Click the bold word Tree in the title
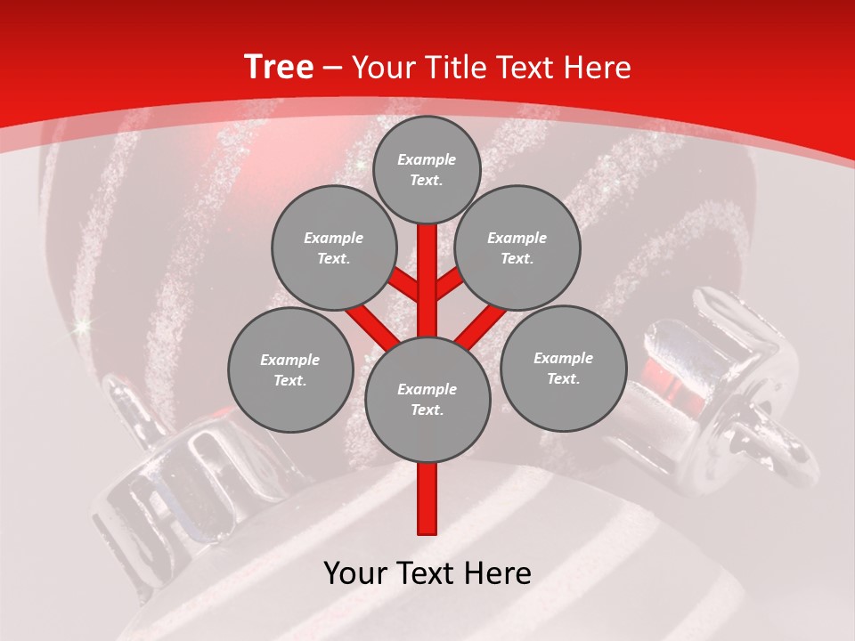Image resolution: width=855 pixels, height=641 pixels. (x=279, y=68)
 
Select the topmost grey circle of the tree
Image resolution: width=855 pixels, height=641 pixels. (x=427, y=169)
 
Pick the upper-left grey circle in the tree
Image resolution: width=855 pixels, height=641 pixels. (x=334, y=248)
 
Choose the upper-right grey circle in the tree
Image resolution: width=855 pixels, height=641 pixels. (x=517, y=248)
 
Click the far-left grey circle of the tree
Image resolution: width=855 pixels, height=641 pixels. (x=290, y=369)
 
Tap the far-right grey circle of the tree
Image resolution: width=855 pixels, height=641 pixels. (x=564, y=368)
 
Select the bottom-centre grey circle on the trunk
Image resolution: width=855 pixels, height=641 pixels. (x=427, y=399)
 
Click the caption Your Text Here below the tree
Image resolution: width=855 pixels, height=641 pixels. (x=427, y=573)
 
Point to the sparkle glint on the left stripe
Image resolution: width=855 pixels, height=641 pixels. (x=85, y=328)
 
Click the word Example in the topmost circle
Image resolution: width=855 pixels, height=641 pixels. (x=427, y=159)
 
